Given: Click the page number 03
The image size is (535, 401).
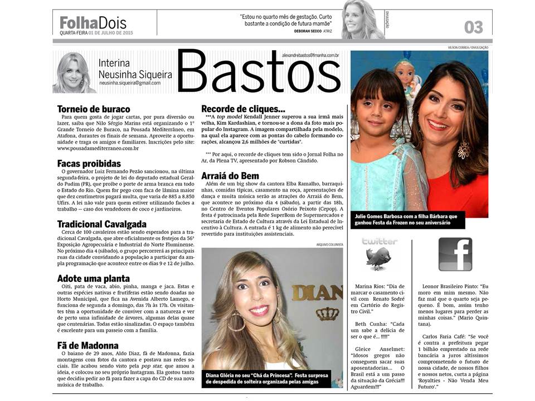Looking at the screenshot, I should pyautogui.click(x=473, y=26).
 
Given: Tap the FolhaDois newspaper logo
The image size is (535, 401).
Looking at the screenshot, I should pyautogui.click(x=93, y=23).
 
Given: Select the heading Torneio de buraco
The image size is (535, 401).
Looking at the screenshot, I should pyautogui.click(x=94, y=109).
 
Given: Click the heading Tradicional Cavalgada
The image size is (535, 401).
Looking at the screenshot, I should pyautogui.click(x=101, y=224).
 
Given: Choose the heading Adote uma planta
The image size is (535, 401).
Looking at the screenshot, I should pyautogui.click(x=94, y=278).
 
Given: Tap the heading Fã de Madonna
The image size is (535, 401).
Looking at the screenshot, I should pyautogui.click(x=87, y=345).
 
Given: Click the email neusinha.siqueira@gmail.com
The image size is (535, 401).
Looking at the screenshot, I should pyautogui.click(x=130, y=83).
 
